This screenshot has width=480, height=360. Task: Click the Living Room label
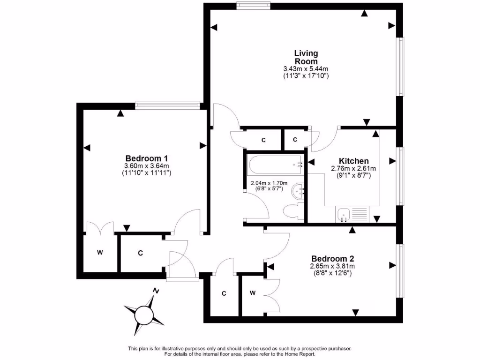point(306,57)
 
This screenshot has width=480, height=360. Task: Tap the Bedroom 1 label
point(147,158)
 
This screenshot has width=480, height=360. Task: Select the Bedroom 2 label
point(333,259)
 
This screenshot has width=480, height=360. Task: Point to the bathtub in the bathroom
point(275,165)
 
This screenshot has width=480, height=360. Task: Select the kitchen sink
point(344,216)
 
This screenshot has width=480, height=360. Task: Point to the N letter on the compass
point(156,291)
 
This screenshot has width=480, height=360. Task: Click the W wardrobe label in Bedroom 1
point(100,253)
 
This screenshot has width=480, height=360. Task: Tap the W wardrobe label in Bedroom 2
point(252,293)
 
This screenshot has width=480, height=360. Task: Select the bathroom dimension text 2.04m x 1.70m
point(269,183)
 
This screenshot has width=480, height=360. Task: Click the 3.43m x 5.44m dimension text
point(306,68)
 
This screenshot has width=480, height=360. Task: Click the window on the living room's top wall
point(254,6)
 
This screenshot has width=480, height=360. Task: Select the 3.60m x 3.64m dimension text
point(147,166)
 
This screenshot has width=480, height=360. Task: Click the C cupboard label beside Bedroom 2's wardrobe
point(224,293)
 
